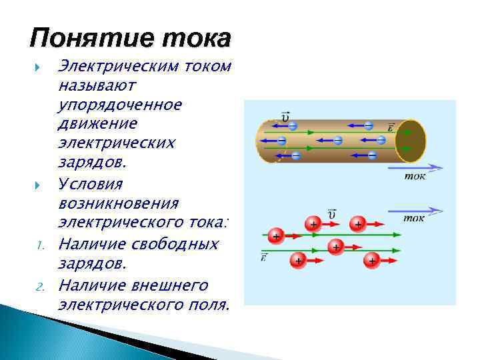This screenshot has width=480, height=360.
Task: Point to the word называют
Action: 97,86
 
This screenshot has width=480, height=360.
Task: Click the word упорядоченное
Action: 121,105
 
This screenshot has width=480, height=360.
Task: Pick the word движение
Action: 98,124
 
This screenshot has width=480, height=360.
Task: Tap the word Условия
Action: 91,183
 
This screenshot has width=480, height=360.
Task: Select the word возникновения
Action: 119,202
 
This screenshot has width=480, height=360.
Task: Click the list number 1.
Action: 40,245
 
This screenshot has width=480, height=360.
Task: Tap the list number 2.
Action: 40,287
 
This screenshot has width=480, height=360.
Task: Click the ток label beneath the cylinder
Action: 415,177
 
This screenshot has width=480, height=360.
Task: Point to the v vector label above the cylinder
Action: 285,116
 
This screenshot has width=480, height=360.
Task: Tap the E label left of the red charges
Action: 265,257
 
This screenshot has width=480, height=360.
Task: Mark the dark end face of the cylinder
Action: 410,141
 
